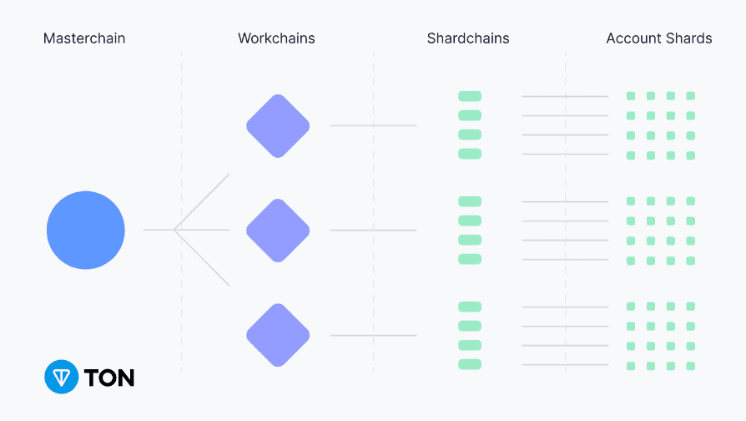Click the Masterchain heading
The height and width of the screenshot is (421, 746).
pos(85,38)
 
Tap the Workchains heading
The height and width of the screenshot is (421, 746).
pos(276,38)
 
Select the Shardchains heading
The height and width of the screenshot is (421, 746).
pos(468,38)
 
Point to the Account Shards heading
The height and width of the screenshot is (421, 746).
pos(659,38)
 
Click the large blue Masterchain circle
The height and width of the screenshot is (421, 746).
pos(85,230)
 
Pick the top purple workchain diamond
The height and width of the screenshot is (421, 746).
pos(278,126)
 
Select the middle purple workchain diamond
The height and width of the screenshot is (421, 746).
pos(278,230)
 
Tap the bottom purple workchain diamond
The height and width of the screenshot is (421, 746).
pos(278,335)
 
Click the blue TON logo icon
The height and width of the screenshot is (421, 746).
pos(61,377)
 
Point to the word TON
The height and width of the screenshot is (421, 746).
pos(109,378)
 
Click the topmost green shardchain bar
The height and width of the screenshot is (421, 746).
pos(470,96)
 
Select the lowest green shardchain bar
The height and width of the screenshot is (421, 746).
pos(470,364)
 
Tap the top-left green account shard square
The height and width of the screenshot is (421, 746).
pos(631,96)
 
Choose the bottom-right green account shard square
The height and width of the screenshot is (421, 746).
pos(690,366)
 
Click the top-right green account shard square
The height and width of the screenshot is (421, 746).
pos(690,96)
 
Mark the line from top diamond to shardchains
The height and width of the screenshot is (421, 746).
pos(373,126)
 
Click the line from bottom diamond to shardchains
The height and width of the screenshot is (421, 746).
pos(373,336)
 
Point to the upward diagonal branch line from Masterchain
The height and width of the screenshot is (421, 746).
pos(203,200)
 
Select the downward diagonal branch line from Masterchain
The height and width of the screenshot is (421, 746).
pos(203,259)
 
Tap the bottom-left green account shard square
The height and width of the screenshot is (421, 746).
pos(631,366)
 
